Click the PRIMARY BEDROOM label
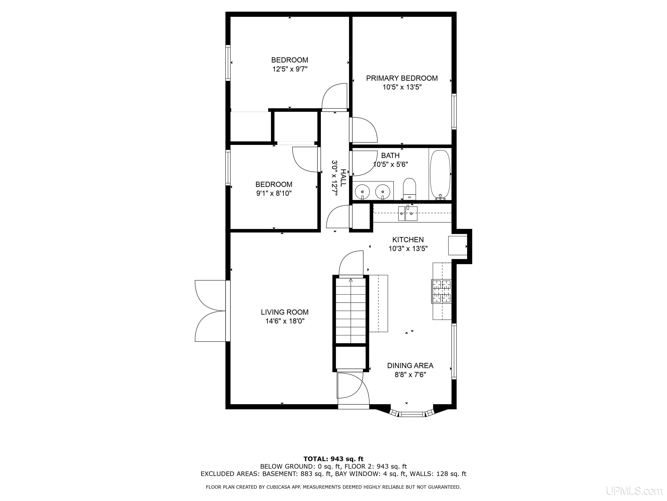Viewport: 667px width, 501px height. pyautogui.click(x=402, y=78)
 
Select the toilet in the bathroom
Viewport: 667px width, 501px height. pyautogui.click(x=409, y=189)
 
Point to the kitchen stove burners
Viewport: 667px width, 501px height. pyautogui.click(x=441, y=291)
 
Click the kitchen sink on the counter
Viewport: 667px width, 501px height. pyautogui.click(x=408, y=214)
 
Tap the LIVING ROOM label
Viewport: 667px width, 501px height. pyautogui.click(x=285, y=312)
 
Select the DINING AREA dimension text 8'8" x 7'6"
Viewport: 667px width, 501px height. pyautogui.click(x=410, y=375)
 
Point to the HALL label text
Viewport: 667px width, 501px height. pyautogui.click(x=343, y=178)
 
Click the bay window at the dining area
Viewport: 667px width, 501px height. pyautogui.click(x=412, y=413)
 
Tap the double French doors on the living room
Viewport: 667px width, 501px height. pyautogui.click(x=210, y=311)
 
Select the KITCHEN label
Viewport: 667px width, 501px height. pyautogui.click(x=408, y=240)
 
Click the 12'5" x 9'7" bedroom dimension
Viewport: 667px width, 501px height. pyautogui.click(x=290, y=69)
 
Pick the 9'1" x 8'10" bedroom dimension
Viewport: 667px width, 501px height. pyautogui.click(x=274, y=193)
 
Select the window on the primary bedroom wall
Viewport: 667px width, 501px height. pyautogui.click(x=454, y=111)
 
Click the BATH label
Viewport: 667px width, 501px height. pyautogui.click(x=390, y=155)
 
